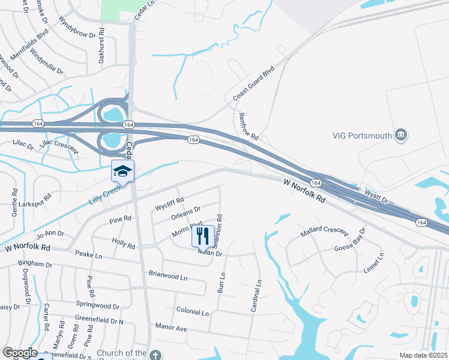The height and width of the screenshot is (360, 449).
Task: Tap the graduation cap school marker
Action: point(122,172)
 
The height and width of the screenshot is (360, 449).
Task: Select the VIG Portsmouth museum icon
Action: point(402,136)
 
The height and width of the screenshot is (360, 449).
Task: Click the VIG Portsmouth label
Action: point(362,136)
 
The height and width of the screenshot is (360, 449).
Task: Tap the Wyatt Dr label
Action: point(377,194)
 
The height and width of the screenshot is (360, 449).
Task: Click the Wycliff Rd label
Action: point(169,201)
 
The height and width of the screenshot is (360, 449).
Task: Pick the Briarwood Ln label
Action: point(167,277)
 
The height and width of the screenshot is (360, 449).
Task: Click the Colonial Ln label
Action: point(192,313)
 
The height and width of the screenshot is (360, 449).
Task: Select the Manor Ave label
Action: point(171,328)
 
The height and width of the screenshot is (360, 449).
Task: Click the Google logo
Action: point(20,353)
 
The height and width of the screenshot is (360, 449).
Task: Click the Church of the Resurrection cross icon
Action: point(155,354)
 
